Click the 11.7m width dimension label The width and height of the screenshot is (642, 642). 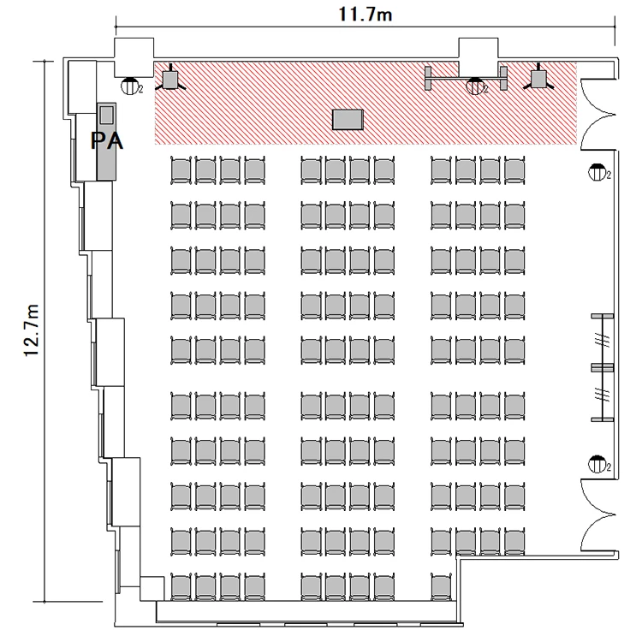click(366, 15)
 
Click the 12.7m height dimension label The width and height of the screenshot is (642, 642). click(32, 330)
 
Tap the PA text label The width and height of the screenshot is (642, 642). click(106, 141)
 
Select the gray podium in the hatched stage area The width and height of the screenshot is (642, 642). click(348, 120)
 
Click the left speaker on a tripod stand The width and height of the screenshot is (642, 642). click(170, 79)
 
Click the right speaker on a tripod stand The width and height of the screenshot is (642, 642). click(538, 78)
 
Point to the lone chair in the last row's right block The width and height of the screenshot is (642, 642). click(441, 587)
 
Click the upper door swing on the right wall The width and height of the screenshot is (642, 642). click(597, 114)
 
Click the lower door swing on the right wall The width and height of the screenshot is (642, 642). click(597, 514)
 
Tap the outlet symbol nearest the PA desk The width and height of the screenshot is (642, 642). click(130, 86)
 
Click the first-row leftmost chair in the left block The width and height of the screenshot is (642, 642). click(181, 170)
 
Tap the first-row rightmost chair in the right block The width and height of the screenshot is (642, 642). click(514, 170)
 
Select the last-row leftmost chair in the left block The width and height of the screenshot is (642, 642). click(181, 587)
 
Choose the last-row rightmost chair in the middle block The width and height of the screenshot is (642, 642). click(384, 587)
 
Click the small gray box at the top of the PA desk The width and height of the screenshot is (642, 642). click(107, 114)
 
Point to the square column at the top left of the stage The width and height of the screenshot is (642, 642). click(134, 57)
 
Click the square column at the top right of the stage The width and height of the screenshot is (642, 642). click(479, 57)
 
